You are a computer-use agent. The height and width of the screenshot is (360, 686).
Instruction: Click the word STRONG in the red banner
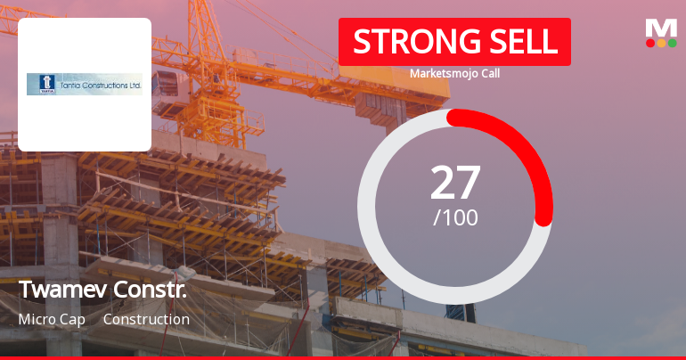[406, 42]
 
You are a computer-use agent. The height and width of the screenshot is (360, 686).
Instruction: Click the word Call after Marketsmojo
[488, 73]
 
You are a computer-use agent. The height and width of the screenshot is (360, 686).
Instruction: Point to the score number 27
[455, 183]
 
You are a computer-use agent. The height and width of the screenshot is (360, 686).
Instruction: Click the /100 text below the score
[455, 217]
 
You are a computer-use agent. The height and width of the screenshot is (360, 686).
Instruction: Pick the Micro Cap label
[52, 319]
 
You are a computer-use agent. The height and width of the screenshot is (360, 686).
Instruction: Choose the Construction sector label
[146, 319]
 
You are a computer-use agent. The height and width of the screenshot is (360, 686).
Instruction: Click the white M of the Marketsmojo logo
[661, 27]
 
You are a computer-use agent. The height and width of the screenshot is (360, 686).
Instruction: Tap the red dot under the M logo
[650, 43]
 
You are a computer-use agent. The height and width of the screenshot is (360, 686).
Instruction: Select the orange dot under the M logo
[661, 43]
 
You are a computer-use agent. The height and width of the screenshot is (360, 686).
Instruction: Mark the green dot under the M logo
[672, 43]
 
